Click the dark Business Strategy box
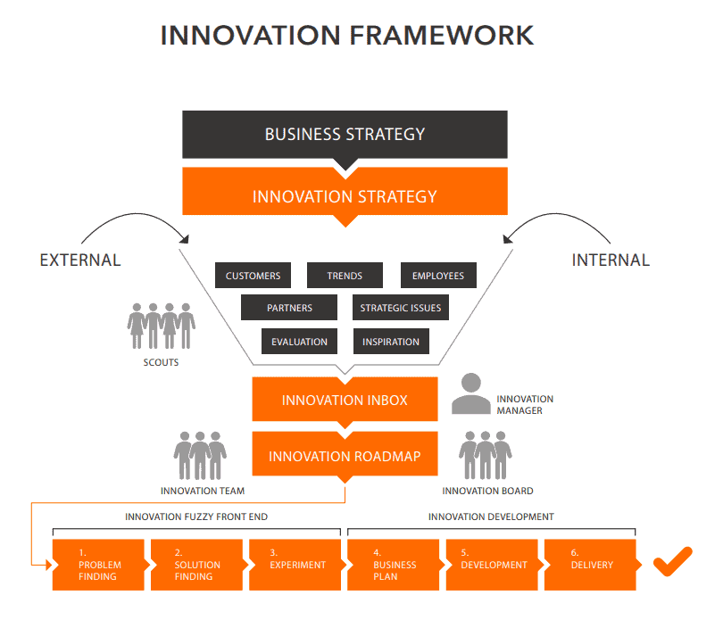point(345,135)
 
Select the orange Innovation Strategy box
point(345,196)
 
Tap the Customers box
point(253,276)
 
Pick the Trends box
point(345,276)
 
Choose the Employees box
point(437,276)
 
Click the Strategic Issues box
point(400,308)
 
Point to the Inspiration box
point(391,342)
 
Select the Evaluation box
point(299,342)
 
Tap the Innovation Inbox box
point(345,400)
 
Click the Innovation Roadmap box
point(345,456)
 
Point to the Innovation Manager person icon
point(470,394)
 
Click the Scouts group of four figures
point(161,327)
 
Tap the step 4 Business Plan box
point(392,565)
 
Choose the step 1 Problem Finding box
point(98,565)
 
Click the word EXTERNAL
point(80,260)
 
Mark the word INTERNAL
point(610,260)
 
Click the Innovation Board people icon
point(486,455)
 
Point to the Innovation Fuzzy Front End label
point(196,517)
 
